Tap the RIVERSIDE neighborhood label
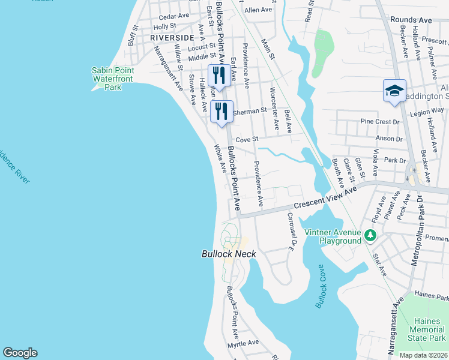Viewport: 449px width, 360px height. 172,37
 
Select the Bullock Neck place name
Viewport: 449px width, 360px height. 228,254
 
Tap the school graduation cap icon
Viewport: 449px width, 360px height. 394,91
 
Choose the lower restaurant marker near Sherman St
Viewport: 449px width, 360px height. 221,111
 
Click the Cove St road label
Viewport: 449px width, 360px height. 246,139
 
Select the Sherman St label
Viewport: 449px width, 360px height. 249,111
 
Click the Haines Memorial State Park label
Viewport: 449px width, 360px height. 427,329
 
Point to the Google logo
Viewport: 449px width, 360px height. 20,353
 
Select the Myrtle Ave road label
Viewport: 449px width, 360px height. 243,343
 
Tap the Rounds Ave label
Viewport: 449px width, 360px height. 411,20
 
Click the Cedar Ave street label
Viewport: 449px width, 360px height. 175,16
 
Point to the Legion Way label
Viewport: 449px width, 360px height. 427,110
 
